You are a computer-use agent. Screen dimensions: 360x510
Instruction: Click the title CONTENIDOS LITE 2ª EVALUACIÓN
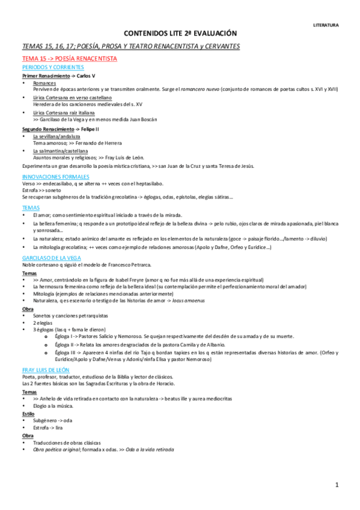(x=180, y=34)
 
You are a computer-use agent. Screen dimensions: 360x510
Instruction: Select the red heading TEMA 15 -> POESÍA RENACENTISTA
(x=69, y=58)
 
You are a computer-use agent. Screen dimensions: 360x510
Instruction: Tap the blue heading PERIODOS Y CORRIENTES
(x=53, y=67)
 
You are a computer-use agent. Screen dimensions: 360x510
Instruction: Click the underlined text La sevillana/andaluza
(x=56, y=137)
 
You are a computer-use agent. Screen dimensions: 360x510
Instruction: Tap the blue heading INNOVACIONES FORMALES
(x=55, y=177)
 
